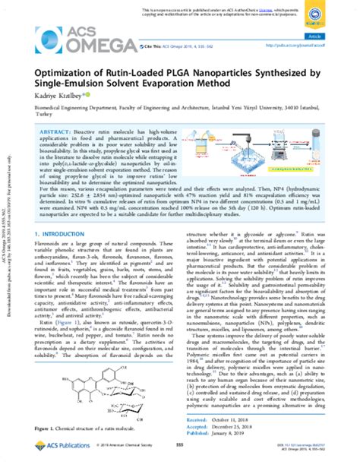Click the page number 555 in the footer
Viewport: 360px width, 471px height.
point(180,460)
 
